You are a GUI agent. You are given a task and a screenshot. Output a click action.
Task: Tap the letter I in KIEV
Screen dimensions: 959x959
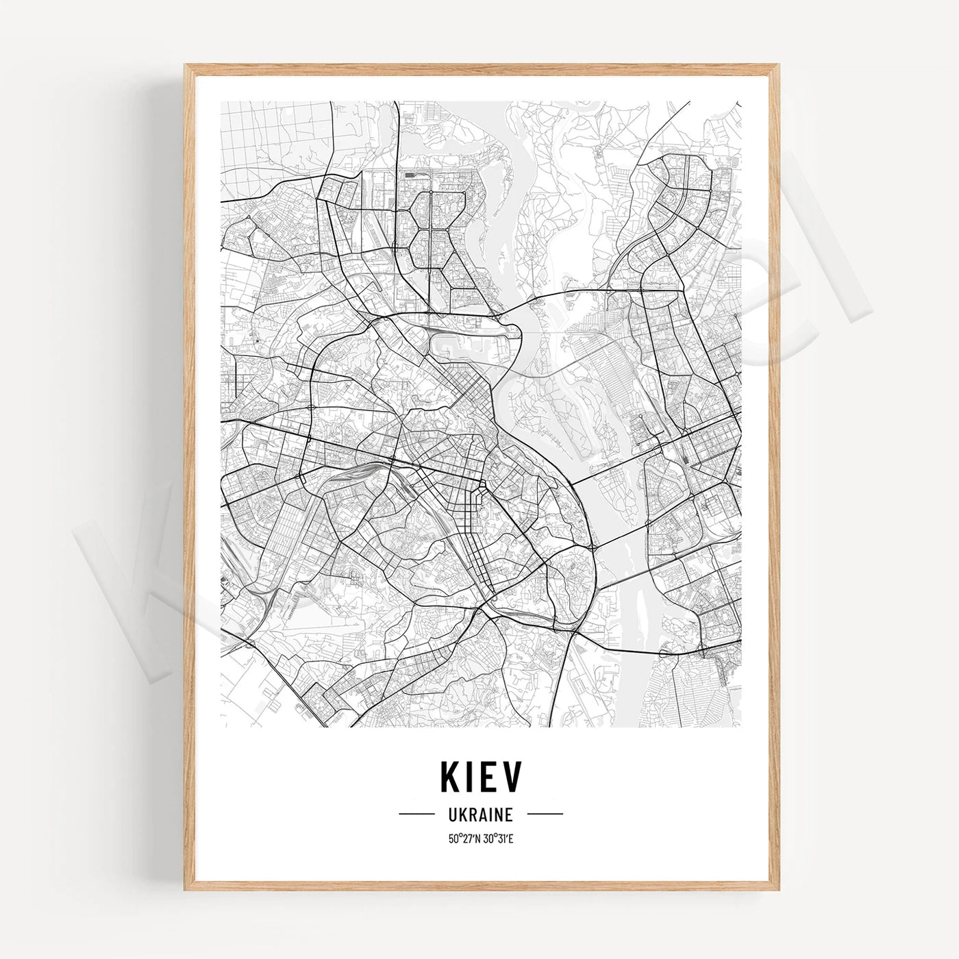tap(473, 777)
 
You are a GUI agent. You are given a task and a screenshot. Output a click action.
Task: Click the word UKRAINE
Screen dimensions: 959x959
tap(481, 814)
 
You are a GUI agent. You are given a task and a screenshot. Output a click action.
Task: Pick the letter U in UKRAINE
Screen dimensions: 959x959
tap(453, 814)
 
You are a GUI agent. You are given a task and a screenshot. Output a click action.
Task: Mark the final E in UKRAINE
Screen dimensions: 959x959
tap(509, 814)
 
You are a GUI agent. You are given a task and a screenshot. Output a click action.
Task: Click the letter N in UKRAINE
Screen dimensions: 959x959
tap(499, 814)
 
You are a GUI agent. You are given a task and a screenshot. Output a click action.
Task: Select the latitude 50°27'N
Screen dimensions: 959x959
tap(464, 837)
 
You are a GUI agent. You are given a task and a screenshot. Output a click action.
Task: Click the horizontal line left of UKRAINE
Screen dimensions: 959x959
tap(417, 814)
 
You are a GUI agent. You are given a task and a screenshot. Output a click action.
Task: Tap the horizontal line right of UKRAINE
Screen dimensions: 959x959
tap(545, 814)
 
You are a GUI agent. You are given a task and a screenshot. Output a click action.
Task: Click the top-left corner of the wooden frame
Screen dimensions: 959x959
tap(186, 66)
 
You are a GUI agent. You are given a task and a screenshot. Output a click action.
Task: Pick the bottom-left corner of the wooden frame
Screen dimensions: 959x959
tap(186, 888)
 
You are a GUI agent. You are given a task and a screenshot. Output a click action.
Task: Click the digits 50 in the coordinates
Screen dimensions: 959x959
tap(453, 837)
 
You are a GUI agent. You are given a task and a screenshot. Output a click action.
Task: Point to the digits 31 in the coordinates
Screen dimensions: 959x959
tap(501, 837)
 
